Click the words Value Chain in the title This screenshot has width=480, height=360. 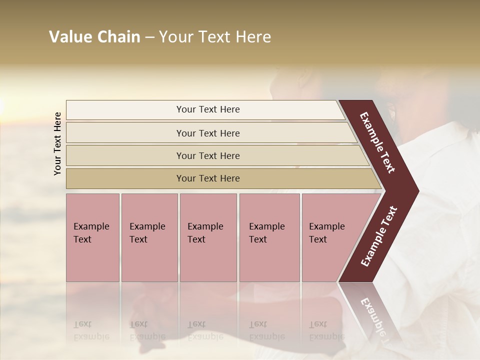(x=94, y=37)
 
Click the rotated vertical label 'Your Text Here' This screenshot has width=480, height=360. (x=57, y=143)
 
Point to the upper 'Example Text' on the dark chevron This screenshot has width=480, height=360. (x=377, y=142)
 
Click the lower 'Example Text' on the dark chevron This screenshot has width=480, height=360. (x=379, y=236)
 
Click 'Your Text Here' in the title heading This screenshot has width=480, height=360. (x=215, y=37)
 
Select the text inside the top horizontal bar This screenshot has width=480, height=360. (x=208, y=109)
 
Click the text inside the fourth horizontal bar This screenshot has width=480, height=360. (x=208, y=178)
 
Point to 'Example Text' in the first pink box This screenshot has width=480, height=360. (x=91, y=233)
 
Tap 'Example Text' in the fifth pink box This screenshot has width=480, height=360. (x=326, y=233)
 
